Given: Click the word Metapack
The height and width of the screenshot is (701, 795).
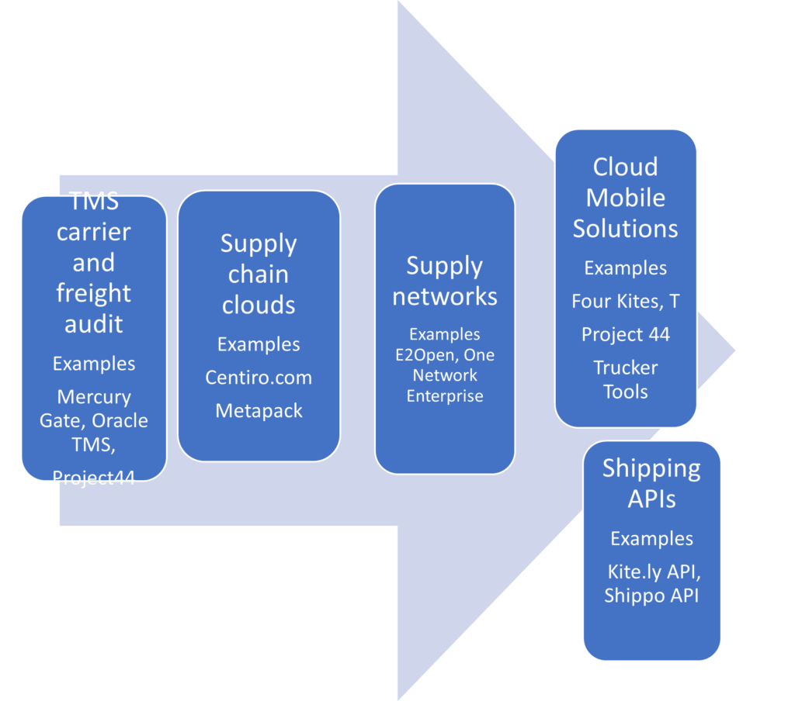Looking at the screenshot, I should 259,411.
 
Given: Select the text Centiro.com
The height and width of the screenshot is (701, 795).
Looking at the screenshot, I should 259,378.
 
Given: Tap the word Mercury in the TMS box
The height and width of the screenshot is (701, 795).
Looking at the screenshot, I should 94,397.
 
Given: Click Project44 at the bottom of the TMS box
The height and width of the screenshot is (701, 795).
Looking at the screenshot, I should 94,478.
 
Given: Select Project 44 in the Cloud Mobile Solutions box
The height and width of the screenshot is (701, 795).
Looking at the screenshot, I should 625,334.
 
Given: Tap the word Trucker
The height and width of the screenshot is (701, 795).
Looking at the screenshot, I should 625,368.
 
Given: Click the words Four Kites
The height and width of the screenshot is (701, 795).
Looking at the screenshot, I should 614,301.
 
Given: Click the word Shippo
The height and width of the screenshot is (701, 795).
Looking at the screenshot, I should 634,596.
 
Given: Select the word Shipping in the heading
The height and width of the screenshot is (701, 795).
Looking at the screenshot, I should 651,468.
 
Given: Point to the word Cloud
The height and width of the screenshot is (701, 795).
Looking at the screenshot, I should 625,167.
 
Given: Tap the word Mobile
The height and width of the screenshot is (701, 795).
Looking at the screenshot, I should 625,198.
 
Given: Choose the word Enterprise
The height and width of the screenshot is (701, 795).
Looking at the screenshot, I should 445,396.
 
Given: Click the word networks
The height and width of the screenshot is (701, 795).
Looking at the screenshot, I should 445,296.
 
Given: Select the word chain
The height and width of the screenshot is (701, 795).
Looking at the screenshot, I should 259,275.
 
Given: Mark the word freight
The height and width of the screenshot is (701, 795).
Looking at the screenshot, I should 94,294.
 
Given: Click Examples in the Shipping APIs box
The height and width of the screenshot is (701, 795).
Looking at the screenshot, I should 651,538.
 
